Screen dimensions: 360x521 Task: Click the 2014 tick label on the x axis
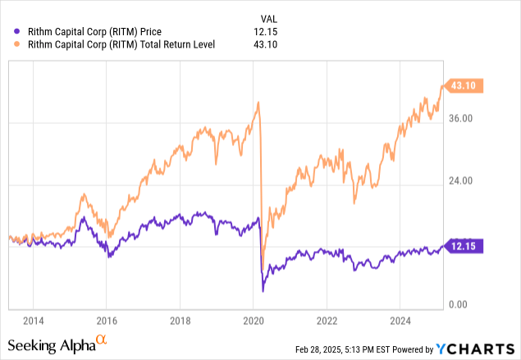pyautogui.click(x=34, y=320)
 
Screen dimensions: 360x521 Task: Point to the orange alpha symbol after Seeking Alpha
pyautogui.click(x=101, y=340)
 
